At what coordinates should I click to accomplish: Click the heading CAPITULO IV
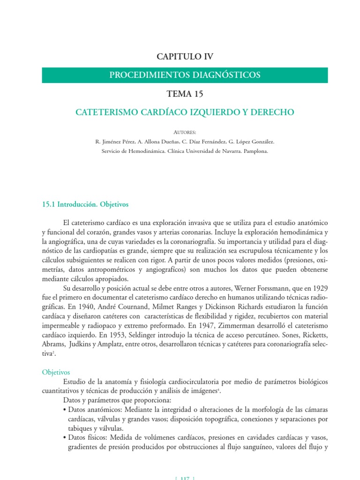click(x=185, y=57)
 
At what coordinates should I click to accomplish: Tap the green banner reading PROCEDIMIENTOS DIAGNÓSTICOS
click(x=185, y=75)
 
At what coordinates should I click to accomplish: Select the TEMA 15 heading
click(x=185, y=94)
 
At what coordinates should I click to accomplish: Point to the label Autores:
click(x=185, y=132)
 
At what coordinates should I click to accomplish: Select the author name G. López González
click(x=251, y=141)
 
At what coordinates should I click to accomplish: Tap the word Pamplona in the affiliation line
click(x=255, y=151)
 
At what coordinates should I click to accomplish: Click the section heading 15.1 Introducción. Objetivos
click(x=85, y=204)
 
